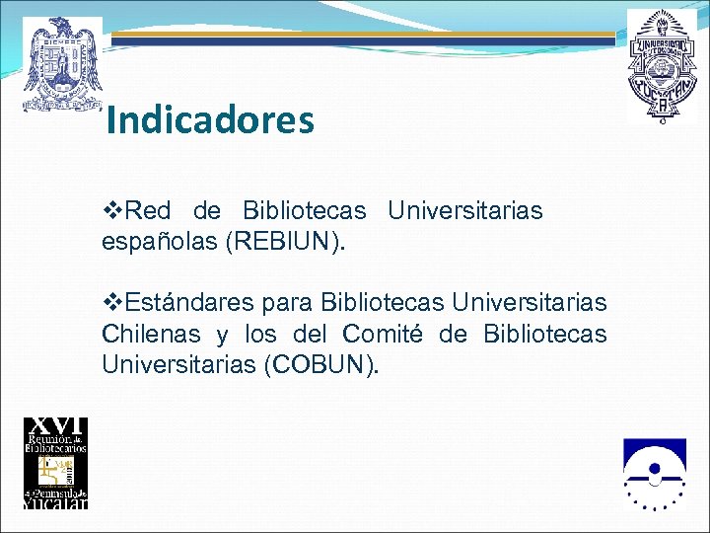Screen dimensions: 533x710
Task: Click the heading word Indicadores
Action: coord(210,120)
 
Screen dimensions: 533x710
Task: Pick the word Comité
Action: coord(383,334)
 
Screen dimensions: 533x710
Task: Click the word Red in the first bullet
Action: coord(148,210)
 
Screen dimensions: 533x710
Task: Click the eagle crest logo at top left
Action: coord(63,63)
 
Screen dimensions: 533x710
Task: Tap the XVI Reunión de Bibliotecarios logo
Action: coord(55,463)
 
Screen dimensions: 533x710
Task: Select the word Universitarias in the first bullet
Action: coord(465,210)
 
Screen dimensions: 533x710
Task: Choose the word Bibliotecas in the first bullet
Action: coord(304,210)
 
